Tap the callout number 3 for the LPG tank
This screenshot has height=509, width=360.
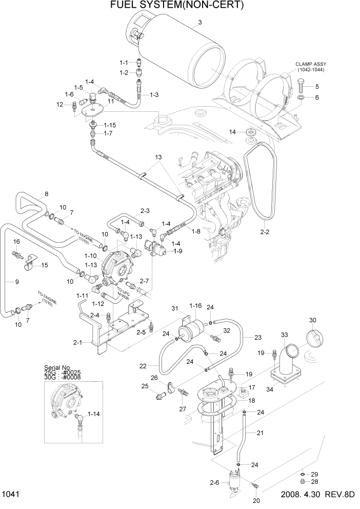click(x=200, y=22)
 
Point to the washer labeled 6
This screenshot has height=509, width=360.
click(x=301, y=97)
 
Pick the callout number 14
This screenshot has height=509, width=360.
click(x=232, y=132)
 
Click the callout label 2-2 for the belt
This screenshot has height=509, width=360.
click(x=265, y=232)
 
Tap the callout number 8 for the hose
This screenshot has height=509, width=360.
click(x=47, y=194)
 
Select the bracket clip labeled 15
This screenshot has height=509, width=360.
click(x=30, y=264)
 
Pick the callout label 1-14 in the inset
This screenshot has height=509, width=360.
click(x=93, y=414)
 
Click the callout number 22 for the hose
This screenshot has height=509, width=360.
click(x=143, y=366)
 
